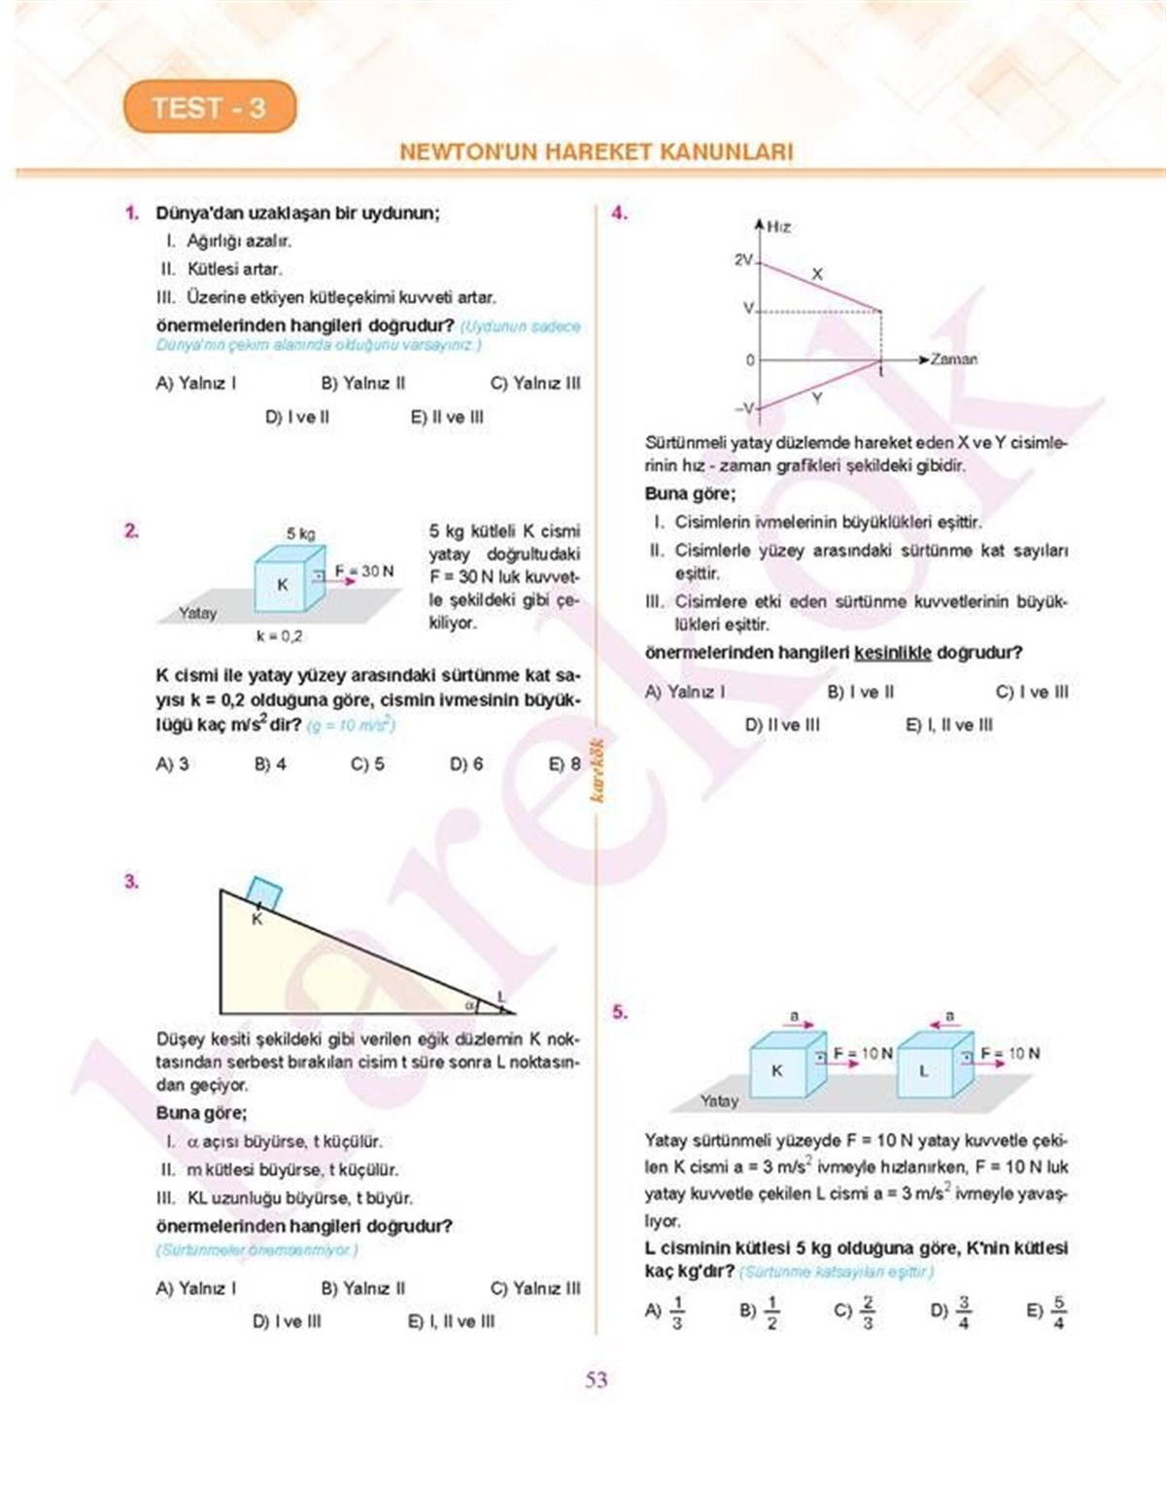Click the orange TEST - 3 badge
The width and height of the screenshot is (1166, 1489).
click(209, 108)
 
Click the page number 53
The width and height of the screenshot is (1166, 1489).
click(596, 1379)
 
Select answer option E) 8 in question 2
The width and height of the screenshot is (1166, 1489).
click(564, 764)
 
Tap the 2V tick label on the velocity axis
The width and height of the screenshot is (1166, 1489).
click(743, 260)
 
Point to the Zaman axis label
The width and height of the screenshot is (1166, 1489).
click(953, 359)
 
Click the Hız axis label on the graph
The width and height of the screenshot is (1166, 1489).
click(778, 227)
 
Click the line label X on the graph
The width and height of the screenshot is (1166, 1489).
click(816, 275)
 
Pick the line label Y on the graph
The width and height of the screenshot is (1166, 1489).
click(816, 398)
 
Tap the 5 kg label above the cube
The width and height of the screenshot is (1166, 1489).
click(300, 533)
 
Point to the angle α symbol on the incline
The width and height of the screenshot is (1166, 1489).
click(468, 1004)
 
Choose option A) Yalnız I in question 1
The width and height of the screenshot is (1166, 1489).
click(195, 384)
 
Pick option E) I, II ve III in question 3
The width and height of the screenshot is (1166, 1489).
click(451, 1322)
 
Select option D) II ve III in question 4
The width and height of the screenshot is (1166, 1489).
click(781, 726)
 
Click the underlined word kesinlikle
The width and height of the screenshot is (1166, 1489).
click(892, 654)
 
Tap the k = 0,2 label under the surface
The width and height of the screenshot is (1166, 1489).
click(279, 636)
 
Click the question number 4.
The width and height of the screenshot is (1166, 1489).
click(619, 214)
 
